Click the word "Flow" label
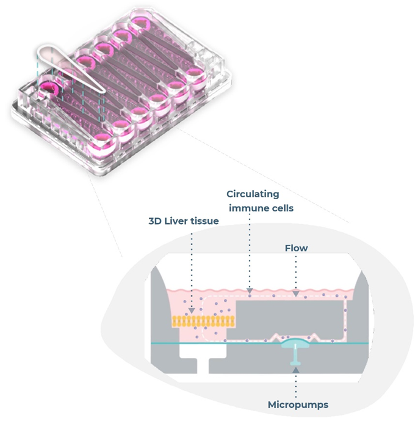coord(296,249)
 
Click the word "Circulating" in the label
coord(253,194)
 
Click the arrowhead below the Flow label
coord(296,296)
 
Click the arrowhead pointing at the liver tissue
coord(193,310)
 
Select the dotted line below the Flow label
coord(296,275)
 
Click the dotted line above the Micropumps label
coord(295,382)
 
